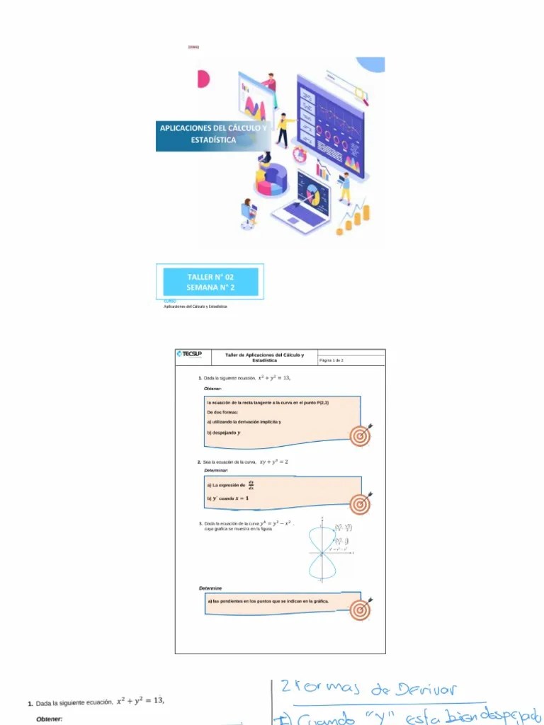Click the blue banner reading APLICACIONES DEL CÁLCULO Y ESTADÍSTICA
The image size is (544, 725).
point(212,134)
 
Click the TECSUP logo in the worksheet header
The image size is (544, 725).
point(189,354)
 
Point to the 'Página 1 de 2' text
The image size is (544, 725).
point(331,360)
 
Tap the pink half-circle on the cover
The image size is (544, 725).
point(203,79)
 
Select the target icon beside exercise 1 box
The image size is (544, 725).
point(361,436)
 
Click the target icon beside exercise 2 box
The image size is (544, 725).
point(361,503)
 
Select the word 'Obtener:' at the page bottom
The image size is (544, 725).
point(49,719)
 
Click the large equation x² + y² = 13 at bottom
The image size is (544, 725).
point(140,701)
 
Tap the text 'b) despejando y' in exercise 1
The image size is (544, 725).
point(224,433)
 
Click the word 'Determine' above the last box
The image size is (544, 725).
point(210,588)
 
